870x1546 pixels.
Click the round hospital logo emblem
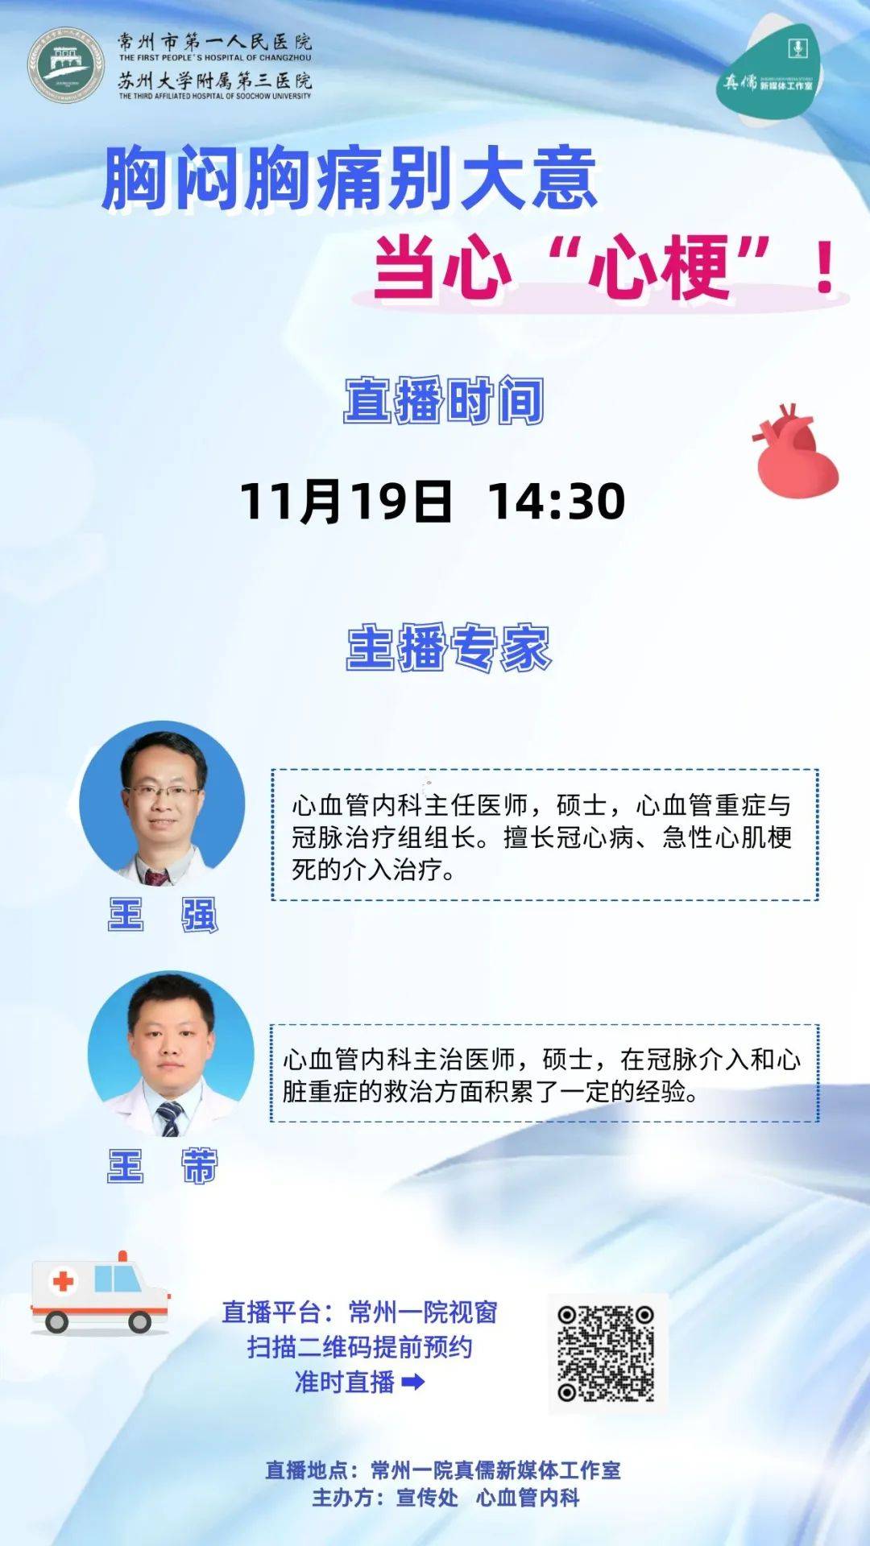66,68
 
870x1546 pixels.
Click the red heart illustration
796,453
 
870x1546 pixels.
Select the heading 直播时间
444,401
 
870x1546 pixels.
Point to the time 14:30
556,501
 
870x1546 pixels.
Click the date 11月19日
346,501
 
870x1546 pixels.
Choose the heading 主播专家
449,648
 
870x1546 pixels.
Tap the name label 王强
163,916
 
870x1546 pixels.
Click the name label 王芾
163,1165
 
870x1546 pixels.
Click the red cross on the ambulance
63,1280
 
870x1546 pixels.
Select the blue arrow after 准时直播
412,1383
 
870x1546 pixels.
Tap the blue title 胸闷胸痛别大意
350,179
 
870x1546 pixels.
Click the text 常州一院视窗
422,1312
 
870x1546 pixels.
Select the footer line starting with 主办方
445,1498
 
